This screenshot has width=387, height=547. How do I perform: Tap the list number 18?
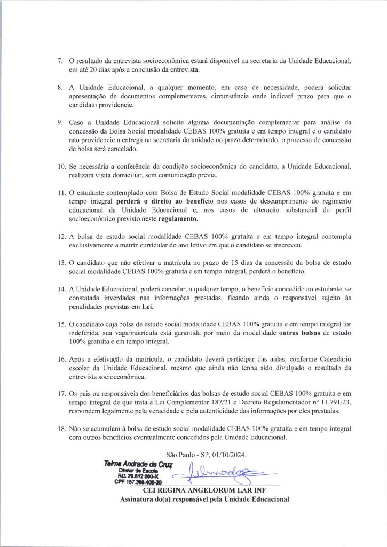point(62,428)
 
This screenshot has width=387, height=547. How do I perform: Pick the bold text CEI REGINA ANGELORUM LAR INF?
point(204,490)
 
